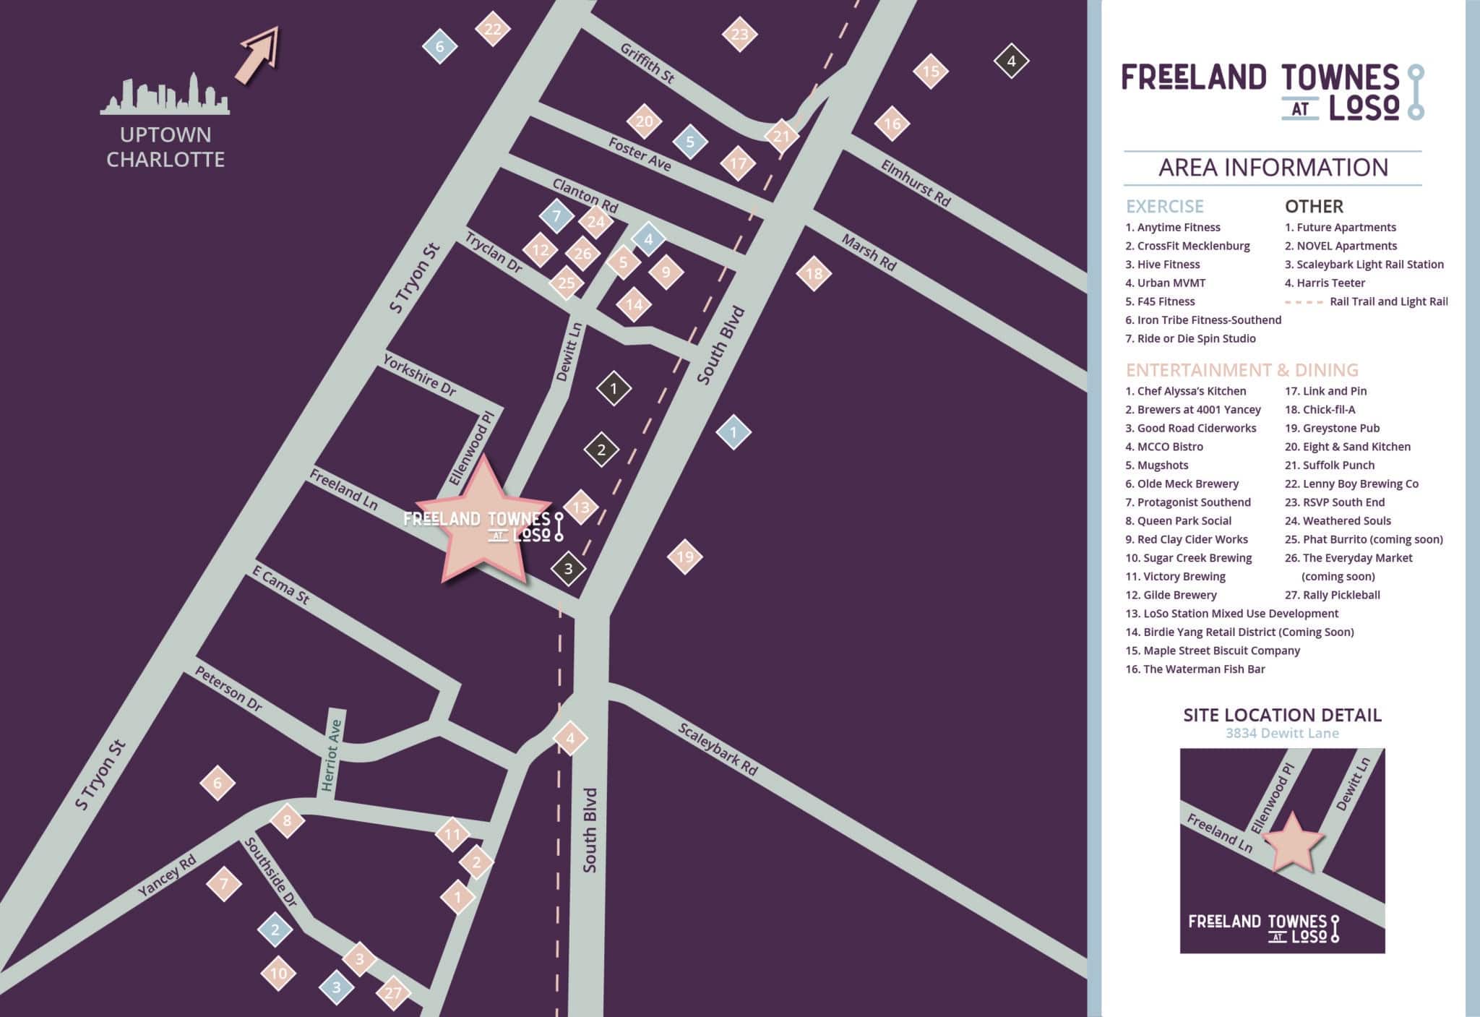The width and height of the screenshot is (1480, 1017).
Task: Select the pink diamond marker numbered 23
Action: (739, 34)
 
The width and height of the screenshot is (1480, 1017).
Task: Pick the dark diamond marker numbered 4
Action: (1011, 61)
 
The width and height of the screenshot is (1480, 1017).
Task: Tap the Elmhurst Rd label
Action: (915, 184)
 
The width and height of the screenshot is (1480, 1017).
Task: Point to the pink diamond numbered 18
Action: (814, 273)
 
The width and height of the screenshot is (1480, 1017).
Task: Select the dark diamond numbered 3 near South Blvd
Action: (568, 569)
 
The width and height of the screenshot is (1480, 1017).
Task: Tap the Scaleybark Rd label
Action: (718, 750)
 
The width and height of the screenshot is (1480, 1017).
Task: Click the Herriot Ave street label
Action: (332, 755)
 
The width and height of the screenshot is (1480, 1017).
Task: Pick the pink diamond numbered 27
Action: (392, 993)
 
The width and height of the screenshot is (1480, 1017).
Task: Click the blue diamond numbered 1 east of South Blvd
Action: (733, 432)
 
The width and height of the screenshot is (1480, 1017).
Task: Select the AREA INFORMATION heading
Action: (1273, 168)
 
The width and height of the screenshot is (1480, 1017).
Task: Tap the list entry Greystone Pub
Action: (1341, 428)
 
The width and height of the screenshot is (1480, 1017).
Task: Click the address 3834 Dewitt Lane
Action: (1282, 734)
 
